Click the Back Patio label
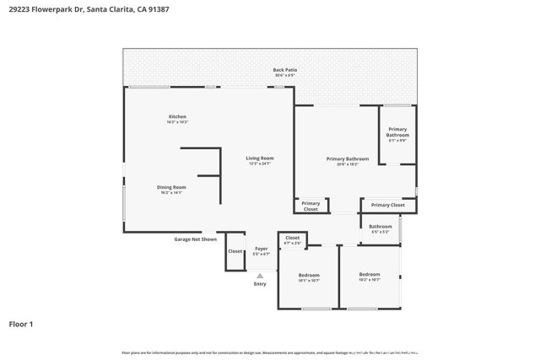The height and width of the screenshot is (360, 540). click(x=284, y=70)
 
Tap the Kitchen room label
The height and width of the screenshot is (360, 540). click(x=177, y=116)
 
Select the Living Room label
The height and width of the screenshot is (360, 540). click(x=260, y=158)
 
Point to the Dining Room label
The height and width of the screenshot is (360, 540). click(x=171, y=187)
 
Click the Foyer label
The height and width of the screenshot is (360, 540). click(x=262, y=248)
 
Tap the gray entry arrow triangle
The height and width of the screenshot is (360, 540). click(x=260, y=275)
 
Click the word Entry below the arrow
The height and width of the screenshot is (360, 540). click(x=260, y=284)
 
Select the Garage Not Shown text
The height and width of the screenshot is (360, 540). click(x=195, y=239)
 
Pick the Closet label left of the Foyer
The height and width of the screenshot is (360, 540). click(x=235, y=250)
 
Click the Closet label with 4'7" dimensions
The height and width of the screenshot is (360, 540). click(x=292, y=238)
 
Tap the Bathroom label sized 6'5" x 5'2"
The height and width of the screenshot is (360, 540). click(x=381, y=226)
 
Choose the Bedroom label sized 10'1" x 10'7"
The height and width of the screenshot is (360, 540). click(x=309, y=274)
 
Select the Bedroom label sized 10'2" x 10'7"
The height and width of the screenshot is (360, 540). click(x=370, y=274)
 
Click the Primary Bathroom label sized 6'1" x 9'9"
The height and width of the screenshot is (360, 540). click(x=397, y=132)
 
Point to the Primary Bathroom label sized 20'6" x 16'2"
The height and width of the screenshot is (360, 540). click(x=348, y=159)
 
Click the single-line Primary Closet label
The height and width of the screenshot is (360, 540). click(x=387, y=205)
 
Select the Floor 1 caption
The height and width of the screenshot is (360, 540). click(x=21, y=324)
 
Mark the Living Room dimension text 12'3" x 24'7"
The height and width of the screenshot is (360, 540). click(x=260, y=164)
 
